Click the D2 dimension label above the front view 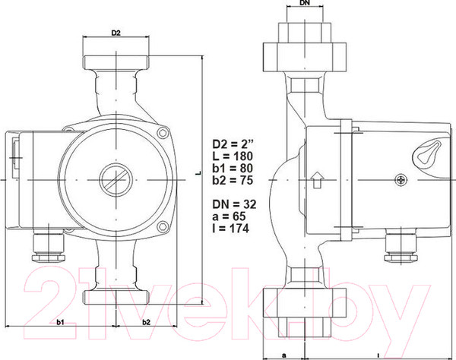click(116, 33)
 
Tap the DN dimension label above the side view click(304, 4)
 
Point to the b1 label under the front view click(61, 323)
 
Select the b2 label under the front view click(147, 323)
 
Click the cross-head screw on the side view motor click(401, 181)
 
